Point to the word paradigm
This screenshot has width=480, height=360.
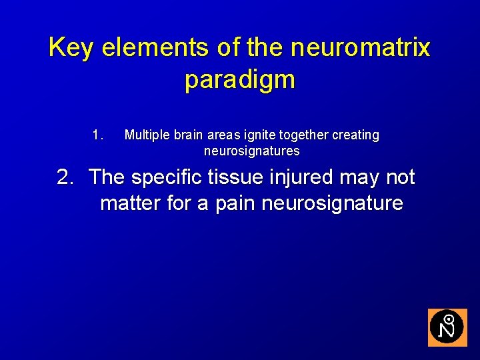[x=239, y=80]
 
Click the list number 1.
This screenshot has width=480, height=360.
[x=98, y=135]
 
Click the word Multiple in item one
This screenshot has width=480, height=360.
[x=147, y=135]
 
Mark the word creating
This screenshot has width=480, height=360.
[x=355, y=135]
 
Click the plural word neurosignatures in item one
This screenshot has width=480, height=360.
[x=251, y=151]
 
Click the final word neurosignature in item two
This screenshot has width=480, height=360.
[x=332, y=203]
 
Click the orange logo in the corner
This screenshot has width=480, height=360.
[x=447, y=327]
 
